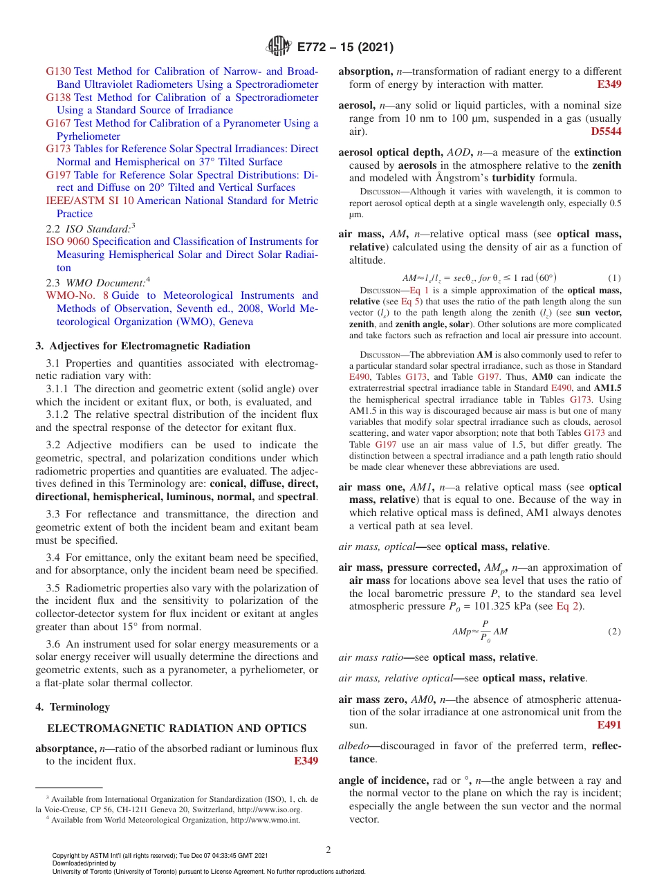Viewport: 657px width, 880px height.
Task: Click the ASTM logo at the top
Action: click(x=279, y=47)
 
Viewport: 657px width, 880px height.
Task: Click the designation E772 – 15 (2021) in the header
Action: click(x=345, y=48)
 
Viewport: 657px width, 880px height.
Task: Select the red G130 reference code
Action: click(x=58, y=71)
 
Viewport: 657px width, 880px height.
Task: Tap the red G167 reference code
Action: click(x=58, y=123)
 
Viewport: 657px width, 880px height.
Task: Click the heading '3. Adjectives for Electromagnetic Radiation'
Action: click(x=142, y=346)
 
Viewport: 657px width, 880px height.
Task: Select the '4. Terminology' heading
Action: click(x=73, y=707)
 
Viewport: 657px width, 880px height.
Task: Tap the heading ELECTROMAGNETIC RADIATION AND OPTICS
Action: click(x=176, y=728)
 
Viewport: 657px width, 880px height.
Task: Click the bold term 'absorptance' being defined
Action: click(x=66, y=749)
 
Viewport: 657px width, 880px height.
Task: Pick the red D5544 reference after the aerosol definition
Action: click(x=606, y=131)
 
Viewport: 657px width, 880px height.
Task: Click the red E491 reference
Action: click(x=609, y=725)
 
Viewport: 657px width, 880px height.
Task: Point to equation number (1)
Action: click(x=614, y=278)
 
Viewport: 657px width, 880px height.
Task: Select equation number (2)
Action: click(x=614, y=632)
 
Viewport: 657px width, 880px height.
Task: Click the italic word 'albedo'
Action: click(x=353, y=746)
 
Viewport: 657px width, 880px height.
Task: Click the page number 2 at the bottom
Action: click(x=328, y=850)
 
